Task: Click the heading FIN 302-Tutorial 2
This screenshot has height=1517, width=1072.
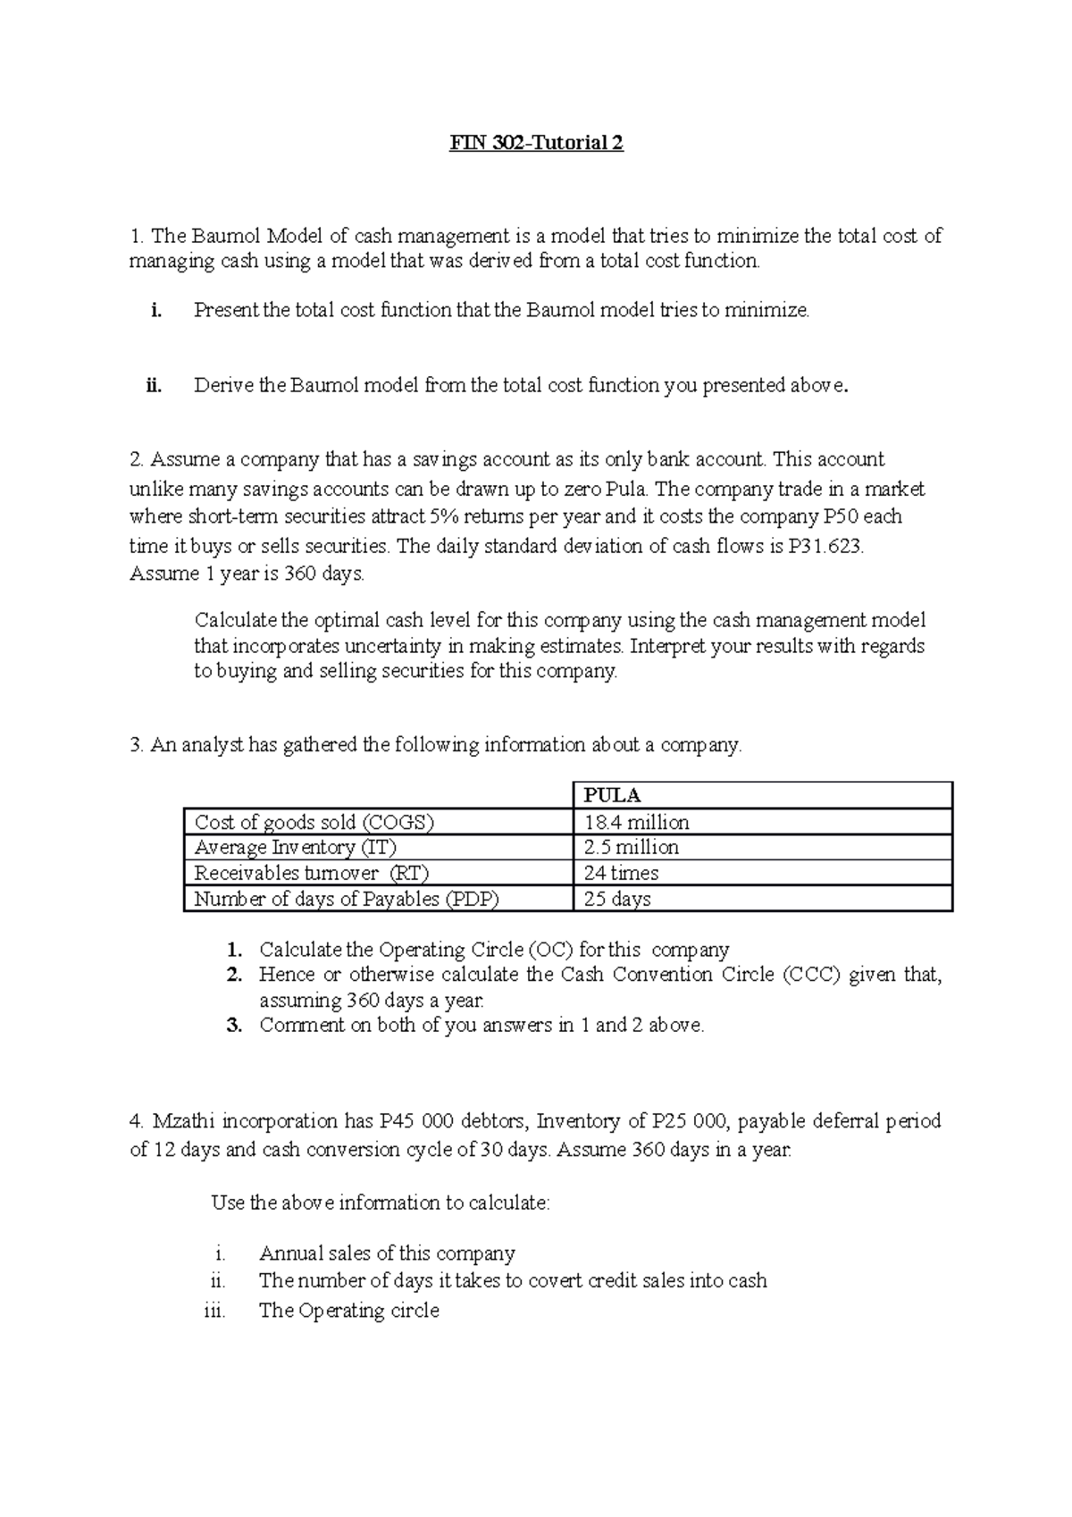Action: point(536,143)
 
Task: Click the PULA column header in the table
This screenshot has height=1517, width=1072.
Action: point(612,795)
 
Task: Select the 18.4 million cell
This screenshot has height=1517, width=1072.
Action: point(636,822)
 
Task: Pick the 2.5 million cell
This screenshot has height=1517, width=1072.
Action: point(631,847)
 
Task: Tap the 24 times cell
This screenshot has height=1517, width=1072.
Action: point(621,873)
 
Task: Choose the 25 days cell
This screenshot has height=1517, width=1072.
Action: point(617,899)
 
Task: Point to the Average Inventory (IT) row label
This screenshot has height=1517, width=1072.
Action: point(296,847)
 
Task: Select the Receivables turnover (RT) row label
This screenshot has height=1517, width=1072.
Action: point(305,873)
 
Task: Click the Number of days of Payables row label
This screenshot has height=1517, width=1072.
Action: point(347,899)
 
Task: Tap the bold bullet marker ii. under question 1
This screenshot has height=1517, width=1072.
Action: point(154,386)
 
